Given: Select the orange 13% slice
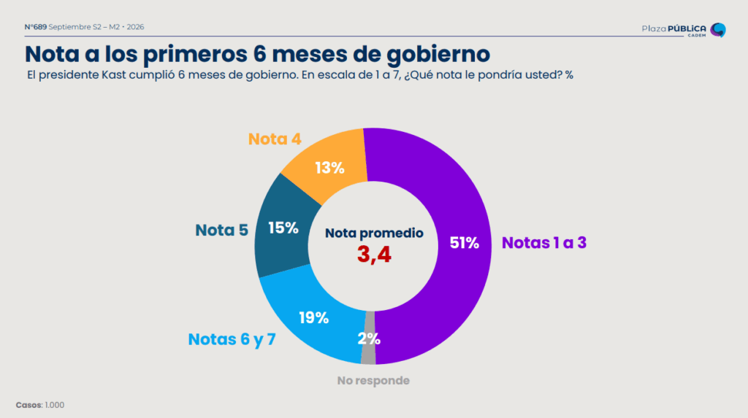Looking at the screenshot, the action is pyautogui.click(x=329, y=164).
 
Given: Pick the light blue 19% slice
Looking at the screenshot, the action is pyautogui.click(x=313, y=317).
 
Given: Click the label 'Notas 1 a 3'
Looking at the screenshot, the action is pyautogui.click(x=543, y=243).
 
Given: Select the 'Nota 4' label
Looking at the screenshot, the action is pyautogui.click(x=275, y=139).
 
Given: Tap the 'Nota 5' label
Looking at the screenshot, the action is pyautogui.click(x=222, y=231).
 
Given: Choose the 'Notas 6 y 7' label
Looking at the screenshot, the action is pyautogui.click(x=232, y=339).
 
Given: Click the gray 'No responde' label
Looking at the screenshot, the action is pyautogui.click(x=373, y=380).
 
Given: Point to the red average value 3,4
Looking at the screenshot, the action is pyautogui.click(x=375, y=255).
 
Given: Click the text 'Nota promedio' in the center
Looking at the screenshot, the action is pyautogui.click(x=375, y=233).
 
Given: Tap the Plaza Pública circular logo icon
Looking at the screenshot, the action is pyautogui.click(x=718, y=30).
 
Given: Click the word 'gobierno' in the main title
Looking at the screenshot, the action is pyautogui.click(x=438, y=54).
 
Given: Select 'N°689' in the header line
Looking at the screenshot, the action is pyautogui.click(x=36, y=27).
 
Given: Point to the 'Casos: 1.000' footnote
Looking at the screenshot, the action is pyautogui.click(x=40, y=405).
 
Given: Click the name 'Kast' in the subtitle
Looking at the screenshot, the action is pyautogui.click(x=113, y=75).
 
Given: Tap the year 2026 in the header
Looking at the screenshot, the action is pyautogui.click(x=135, y=27).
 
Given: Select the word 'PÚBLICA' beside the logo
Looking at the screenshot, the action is pyautogui.click(x=687, y=28).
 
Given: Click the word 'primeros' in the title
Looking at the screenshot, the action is pyautogui.click(x=194, y=54).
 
